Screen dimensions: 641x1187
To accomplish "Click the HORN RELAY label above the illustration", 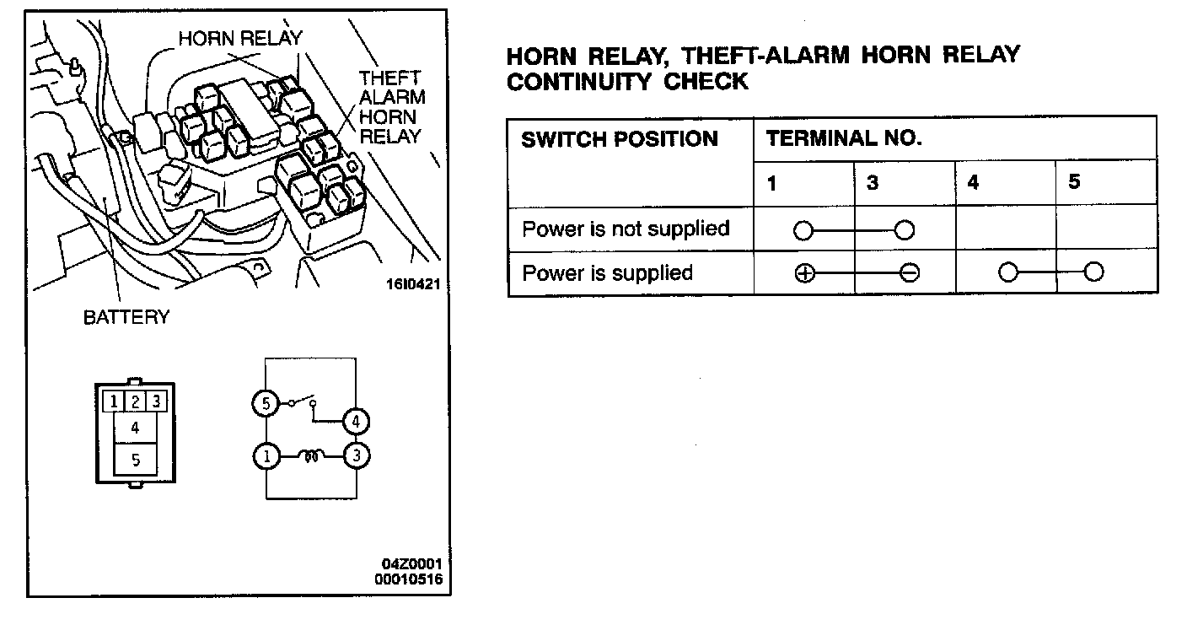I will click(x=239, y=39).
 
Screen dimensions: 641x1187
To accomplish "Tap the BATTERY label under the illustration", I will click(x=126, y=318).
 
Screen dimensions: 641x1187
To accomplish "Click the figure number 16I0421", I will click(x=413, y=284).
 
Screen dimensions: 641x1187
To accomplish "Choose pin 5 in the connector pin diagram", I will click(x=135, y=460).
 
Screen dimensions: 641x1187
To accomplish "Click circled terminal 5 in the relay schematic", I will click(x=266, y=405).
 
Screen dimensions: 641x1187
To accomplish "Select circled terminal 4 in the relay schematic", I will click(x=357, y=421).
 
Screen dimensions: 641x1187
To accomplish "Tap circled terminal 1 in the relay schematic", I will click(x=266, y=457).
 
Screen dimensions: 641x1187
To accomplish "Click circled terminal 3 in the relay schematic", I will click(x=357, y=456).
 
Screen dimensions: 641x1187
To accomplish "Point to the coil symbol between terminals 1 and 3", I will click(x=310, y=457).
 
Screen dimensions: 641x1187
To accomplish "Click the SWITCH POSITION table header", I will click(x=620, y=139).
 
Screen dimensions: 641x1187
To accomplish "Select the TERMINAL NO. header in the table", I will click(x=844, y=139).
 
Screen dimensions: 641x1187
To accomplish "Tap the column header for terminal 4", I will click(x=974, y=183).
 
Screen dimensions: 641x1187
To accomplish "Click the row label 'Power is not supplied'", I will click(x=626, y=229).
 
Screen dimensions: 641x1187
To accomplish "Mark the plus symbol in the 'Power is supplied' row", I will click(x=804, y=273).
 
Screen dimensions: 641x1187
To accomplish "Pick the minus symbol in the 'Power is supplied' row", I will click(x=909, y=273).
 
